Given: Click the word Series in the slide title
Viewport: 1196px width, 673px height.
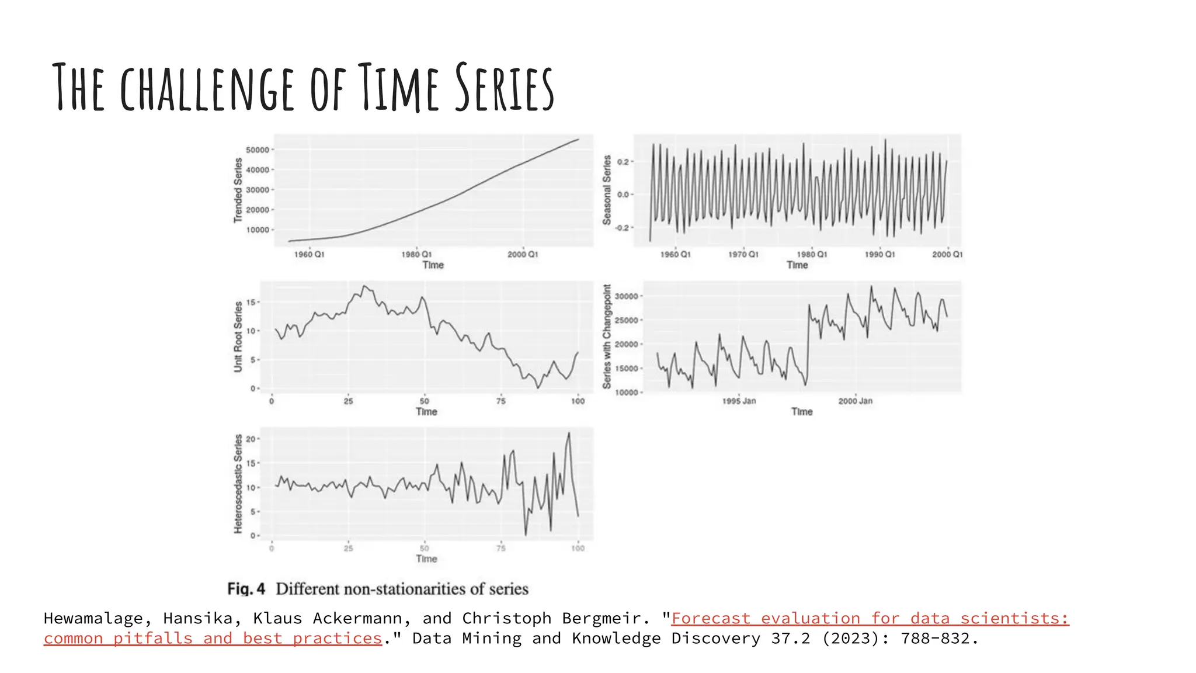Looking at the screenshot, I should click(x=504, y=88).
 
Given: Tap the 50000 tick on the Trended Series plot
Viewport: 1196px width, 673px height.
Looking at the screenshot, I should click(x=258, y=150).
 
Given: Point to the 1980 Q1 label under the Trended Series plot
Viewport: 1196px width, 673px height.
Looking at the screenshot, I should click(x=416, y=254).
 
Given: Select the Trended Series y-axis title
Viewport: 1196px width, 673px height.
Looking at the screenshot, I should click(x=238, y=190).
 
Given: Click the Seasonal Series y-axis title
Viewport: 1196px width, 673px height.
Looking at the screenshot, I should click(x=607, y=190).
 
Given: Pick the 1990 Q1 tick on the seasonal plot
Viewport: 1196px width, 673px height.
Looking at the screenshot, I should click(x=879, y=254).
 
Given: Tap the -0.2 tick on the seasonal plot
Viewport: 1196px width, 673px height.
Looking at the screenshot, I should click(x=623, y=227).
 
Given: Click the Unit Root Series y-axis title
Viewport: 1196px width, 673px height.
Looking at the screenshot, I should click(x=238, y=336).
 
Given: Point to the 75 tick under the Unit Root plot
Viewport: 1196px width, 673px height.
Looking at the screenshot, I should click(x=501, y=401).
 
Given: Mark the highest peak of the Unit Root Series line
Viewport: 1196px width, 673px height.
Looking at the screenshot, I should click(x=364, y=286).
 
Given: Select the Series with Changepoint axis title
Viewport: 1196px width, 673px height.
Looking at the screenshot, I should click(x=607, y=336).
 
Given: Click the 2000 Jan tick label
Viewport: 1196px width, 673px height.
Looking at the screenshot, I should click(x=855, y=401).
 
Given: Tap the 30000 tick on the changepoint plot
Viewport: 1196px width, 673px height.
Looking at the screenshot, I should click(x=626, y=296).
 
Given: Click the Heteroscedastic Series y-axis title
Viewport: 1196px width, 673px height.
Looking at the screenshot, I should click(x=238, y=483).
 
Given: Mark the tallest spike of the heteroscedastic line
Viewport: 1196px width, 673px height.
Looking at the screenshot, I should click(x=569, y=433).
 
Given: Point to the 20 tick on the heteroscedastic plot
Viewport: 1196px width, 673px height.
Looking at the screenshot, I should click(x=251, y=439).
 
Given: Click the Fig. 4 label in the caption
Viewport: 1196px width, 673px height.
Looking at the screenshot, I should click(x=246, y=588).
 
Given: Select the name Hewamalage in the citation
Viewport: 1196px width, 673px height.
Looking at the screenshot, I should click(x=93, y=618).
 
